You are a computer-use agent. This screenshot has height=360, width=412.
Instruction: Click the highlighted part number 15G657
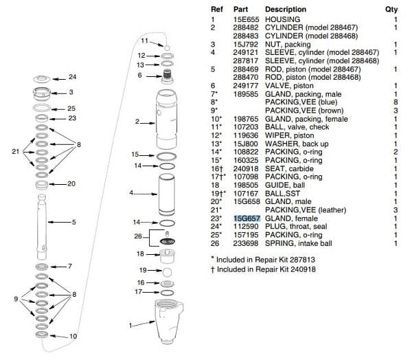(x=247, y=218)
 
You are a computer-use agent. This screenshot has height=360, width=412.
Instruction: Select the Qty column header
(x=391, y=10)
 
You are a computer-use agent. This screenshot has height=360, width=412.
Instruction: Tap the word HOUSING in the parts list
(x=282, y=19)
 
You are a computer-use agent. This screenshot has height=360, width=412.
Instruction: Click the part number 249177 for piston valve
(x=246, y=86)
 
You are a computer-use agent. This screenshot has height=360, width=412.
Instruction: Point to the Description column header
(x=286, y=10)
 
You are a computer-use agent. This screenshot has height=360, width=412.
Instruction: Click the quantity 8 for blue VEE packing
(x=396, y=102)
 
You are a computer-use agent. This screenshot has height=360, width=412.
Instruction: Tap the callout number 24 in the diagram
(x=73, y=77)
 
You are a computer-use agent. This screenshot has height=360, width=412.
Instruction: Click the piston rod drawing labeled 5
(x=42, y=227)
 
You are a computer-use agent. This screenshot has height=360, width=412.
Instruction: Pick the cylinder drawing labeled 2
(x=167, y=120)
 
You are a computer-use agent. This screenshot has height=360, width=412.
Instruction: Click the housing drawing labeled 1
(x=169, y=322)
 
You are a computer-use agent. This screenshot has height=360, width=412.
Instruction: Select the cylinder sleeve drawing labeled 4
(x=167, y=194)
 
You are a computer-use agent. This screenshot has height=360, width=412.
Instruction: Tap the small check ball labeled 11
(x=167, y=48)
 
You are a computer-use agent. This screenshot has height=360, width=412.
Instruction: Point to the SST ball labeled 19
(x=167, y=272)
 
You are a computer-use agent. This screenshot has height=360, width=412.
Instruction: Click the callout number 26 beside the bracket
(x=138, y=236)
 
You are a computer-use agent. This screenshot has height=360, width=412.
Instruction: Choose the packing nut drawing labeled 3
(x=42, y=93)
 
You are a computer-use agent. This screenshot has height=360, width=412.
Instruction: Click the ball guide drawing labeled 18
(x=168, y=256)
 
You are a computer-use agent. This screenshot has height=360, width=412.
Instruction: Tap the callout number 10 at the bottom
(x=73, y=337)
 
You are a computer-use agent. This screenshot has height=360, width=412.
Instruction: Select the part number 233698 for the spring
(x=246, y=243)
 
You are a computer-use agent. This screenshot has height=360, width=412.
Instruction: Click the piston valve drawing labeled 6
(x=167, y=76)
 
